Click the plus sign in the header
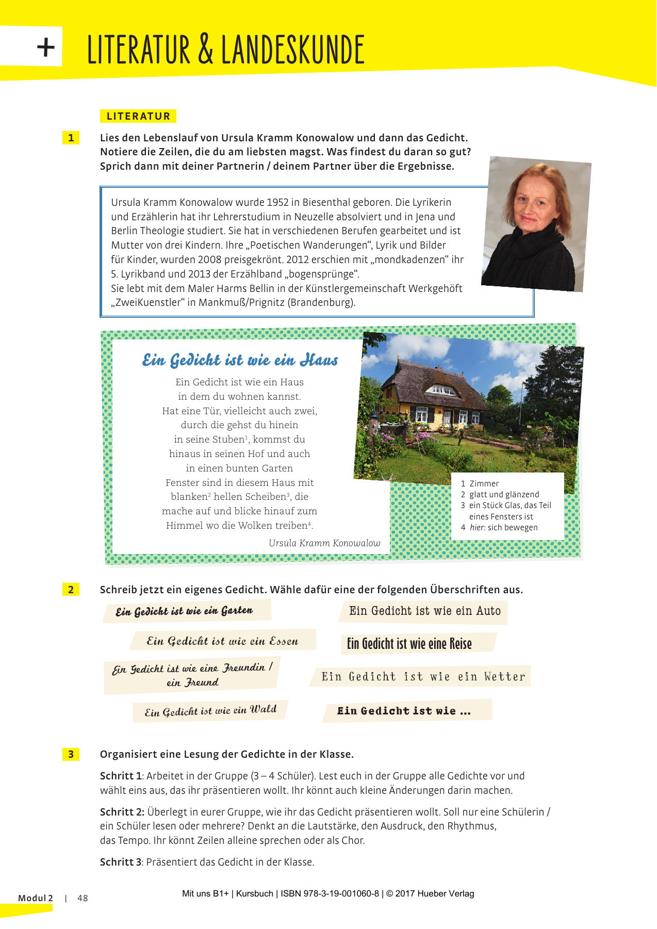46,48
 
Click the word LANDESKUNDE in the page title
293,50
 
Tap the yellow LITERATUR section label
138,116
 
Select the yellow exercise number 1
71,138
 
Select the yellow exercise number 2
71,590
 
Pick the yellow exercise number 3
71,754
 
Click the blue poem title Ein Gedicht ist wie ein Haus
240,360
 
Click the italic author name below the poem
324,543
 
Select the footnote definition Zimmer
484,483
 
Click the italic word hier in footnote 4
477,527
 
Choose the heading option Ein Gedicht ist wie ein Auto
424,611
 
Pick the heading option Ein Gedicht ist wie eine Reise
409,644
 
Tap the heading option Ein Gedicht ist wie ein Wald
210,711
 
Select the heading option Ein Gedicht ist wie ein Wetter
423,676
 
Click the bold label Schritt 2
122,811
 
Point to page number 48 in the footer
83,898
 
